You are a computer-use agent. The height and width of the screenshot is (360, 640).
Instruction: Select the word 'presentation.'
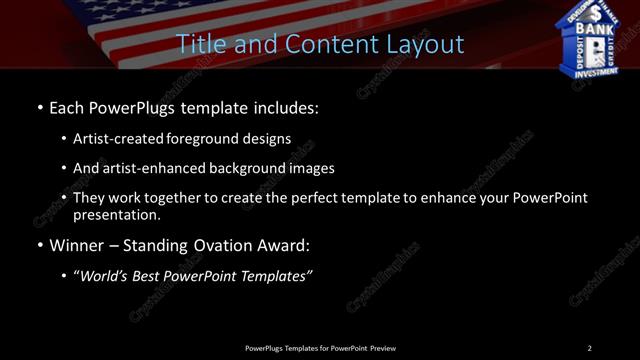[117, 214]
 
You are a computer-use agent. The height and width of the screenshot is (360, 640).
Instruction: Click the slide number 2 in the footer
[589, 347]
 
